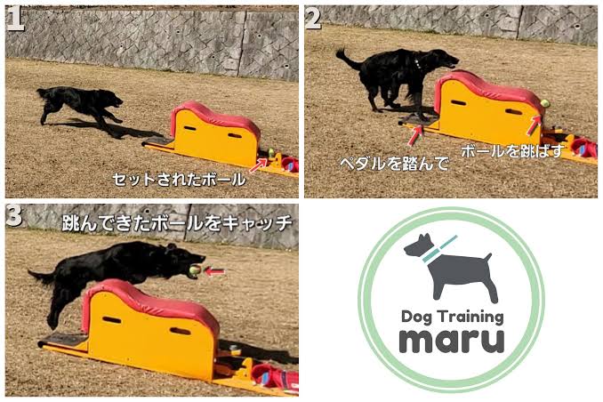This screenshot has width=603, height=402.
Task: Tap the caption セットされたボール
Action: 179,180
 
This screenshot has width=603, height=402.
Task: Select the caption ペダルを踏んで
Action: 394,164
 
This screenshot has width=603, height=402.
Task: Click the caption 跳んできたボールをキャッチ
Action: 177,223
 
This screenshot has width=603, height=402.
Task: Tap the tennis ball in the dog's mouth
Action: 195,270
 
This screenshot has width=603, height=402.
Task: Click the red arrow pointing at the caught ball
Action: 214,271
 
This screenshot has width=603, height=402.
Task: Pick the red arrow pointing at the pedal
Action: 414,136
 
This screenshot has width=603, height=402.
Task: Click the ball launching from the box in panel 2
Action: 545,103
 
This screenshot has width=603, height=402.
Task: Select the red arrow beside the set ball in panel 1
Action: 258,165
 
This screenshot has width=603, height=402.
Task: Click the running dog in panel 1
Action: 80,104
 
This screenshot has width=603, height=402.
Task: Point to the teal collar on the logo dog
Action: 439,249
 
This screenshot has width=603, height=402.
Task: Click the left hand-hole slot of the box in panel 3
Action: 111,319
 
